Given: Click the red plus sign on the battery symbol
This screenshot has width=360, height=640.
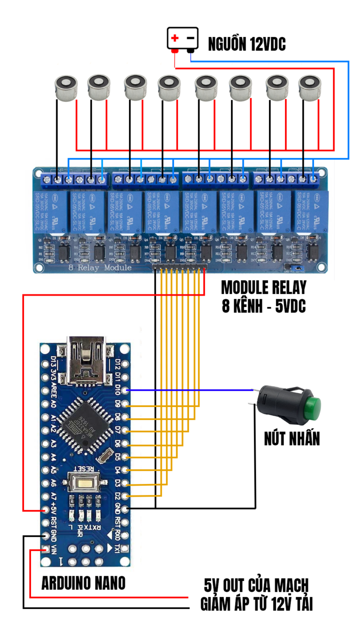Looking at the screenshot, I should pos(175,38).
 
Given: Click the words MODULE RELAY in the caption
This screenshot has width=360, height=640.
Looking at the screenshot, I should pos(263,288).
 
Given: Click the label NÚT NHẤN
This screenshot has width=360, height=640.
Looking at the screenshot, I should pos(292,439).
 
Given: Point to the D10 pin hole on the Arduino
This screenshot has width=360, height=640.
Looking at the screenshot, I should pos(125,390).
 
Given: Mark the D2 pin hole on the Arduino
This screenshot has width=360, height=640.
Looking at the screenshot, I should pos(125,496).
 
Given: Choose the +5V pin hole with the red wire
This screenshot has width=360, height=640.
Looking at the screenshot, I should pos(45,510).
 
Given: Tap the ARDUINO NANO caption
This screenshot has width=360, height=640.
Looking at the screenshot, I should pos(83,583).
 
